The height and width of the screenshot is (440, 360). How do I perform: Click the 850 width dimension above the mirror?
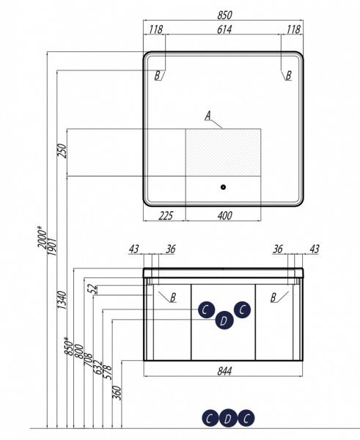224,15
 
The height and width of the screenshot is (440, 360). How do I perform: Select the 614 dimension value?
224,29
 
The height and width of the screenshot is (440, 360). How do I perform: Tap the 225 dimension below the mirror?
166,216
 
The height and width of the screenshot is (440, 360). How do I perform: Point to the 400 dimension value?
225,216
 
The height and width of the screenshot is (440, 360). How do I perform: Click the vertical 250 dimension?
62,150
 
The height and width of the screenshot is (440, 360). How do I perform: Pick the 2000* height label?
43,237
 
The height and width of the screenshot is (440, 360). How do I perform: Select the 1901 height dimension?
52,246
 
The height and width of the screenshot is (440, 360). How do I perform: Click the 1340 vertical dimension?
62,300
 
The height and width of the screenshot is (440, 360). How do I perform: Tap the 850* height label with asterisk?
70,346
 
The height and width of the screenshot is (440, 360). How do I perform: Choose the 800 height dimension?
79,351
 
